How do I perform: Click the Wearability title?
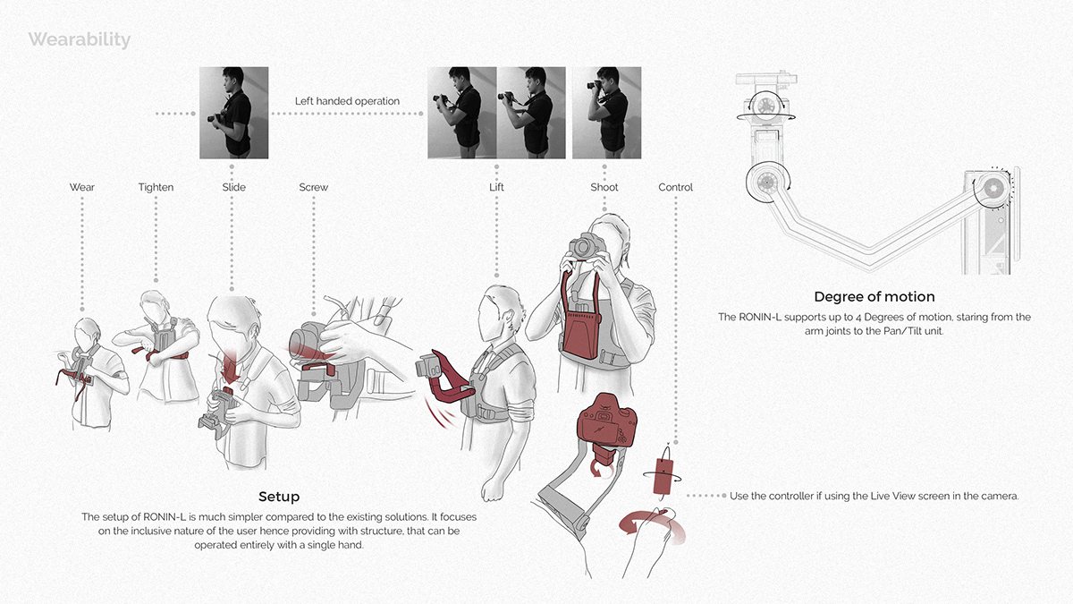[x=79, y=40]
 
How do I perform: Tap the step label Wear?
[x=81, y=187]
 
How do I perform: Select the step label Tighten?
[x=156, y=187]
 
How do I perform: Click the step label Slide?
[x=233, y=187]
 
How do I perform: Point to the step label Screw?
[x=313, y=187]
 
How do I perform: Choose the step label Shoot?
[x=604, y=187]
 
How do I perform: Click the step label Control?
[x=675, y=187]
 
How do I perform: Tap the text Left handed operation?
[x=347, y=101]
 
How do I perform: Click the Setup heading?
[x=279, y=496]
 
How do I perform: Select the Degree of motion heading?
[x=874, y=297]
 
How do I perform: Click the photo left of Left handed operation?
[x=233, y=113]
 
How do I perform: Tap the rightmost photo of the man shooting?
[x=605, y=113]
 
